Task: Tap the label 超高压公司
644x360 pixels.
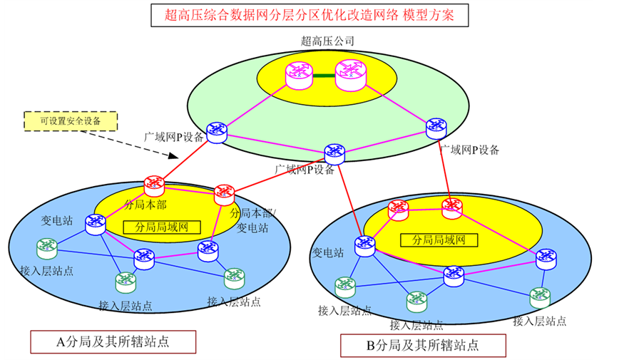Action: point(328,41)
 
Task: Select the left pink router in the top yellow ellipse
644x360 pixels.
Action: point(297,74)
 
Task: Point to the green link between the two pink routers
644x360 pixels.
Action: point(323,76)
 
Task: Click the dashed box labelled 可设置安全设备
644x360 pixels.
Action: point(69,121)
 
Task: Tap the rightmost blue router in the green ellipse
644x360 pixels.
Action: point(436,128)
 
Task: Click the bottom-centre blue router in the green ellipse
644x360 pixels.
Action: point(334,153)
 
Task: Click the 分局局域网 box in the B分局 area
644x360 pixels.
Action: point(438,240)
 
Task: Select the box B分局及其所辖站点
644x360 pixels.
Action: point(423,346)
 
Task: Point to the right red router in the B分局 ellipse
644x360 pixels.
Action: point(451,208)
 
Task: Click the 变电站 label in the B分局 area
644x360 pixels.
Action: point(329,252)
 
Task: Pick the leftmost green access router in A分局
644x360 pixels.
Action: point(47,247)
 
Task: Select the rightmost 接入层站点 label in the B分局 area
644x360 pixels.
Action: point(539,321)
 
